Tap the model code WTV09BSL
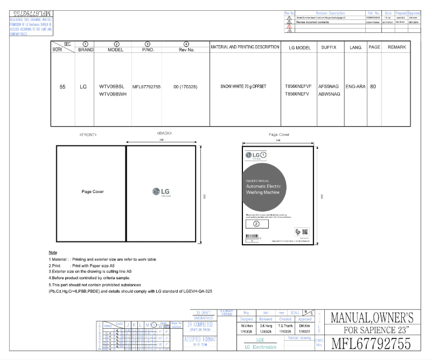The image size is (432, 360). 112,86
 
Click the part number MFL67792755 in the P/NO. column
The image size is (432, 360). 146,86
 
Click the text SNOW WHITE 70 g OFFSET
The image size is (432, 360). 243,86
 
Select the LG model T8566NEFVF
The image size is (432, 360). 298,86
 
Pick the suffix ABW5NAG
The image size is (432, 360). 329,94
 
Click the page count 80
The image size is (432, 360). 373,86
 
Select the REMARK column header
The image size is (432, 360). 396,48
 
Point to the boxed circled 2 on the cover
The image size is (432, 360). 257,223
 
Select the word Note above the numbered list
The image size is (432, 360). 53,253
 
